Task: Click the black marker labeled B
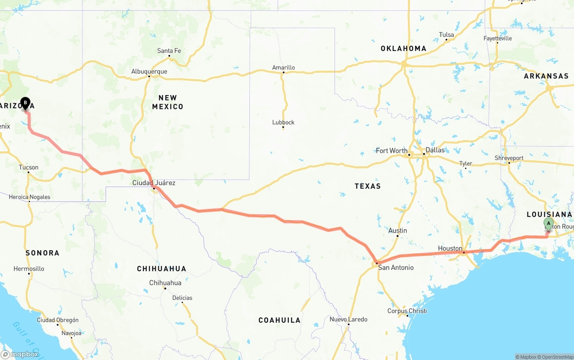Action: point(25,104)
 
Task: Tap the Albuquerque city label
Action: point(149,71)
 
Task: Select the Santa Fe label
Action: point(169,51)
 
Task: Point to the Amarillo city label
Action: point(283,68)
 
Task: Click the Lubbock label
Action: point(283,122)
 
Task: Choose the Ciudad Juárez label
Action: point(154,183)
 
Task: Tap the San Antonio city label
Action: point(396,268)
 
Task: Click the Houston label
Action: point(450,248)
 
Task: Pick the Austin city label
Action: point(397,230)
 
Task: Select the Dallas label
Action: point(435,150)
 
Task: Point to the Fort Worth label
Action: point(391,151)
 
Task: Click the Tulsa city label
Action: point(446,35)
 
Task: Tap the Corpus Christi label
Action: point(407,311)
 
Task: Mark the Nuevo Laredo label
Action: point(348,319)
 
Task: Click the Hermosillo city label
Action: point(29,269)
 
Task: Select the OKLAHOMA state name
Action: point(403,48)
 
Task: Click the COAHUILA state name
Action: point(279,320)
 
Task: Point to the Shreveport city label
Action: point(509,158)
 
